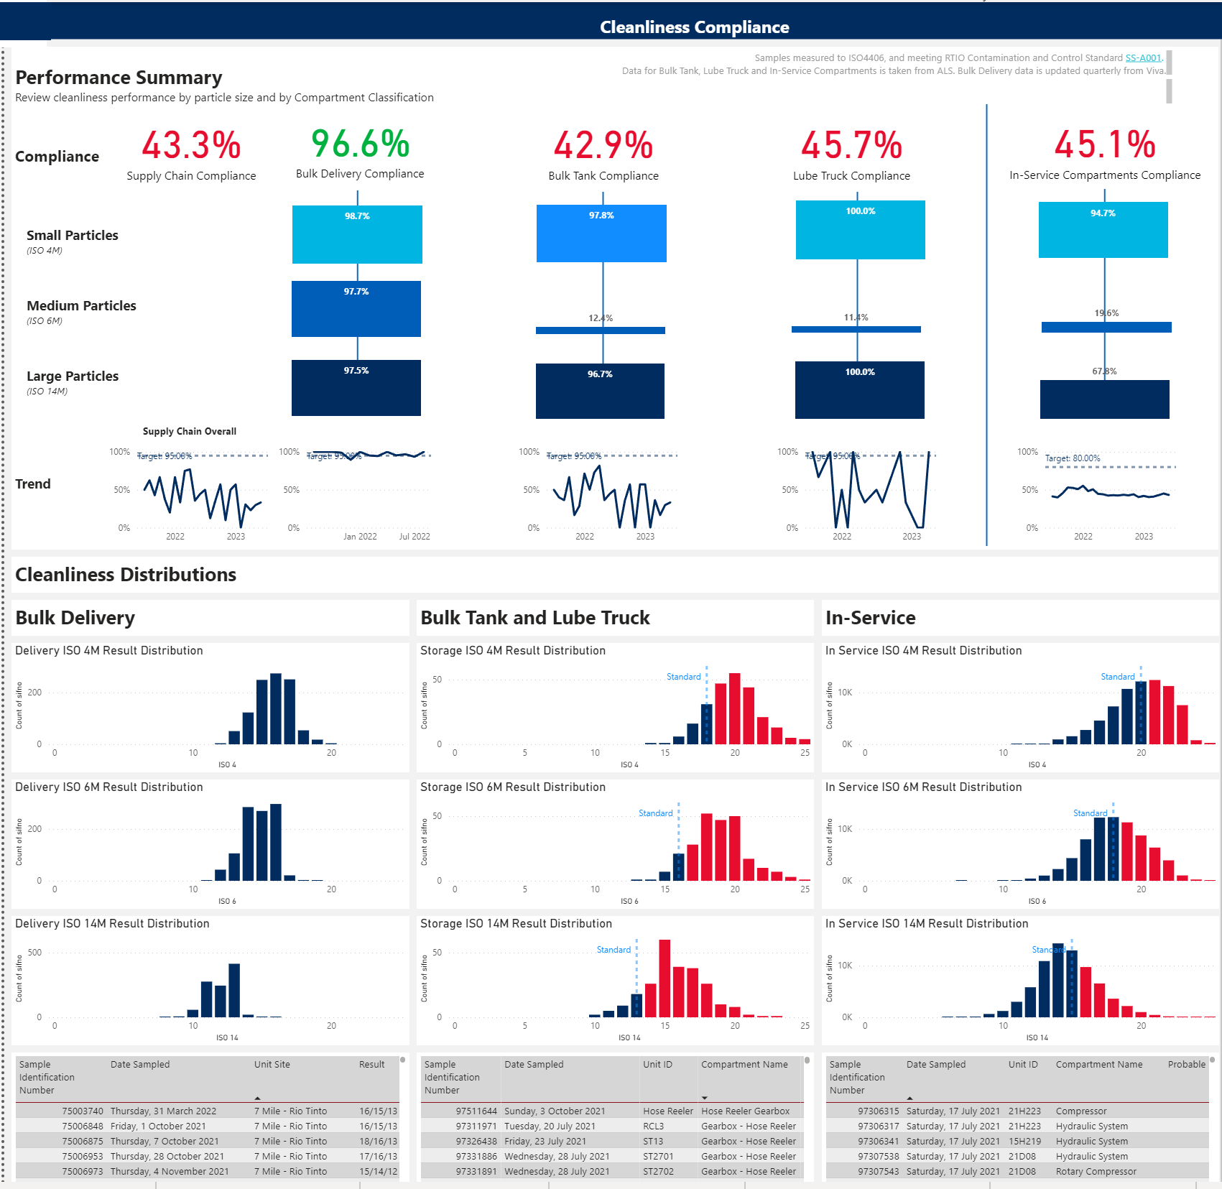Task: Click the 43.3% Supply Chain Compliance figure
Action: pyautogui.click(x=191, y=145)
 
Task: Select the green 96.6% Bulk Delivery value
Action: pyautogui.click(x=360, y=144)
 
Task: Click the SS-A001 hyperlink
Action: pyautogui.click(x=1143, y=58)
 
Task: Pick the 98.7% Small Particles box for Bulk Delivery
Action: pyautogui.click(x=357, y=234)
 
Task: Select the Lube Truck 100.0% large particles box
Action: pyautogui.click(x=859, y=389)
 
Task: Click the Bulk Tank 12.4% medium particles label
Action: pyautogui.click(x=601, y=318)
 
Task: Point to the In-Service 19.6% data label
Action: pyautogui.click(x=1106, y=313)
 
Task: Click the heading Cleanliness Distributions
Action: pyautogui.click(x=126, y=575)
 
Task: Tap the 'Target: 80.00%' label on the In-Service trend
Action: pyautogui.click(x=1072, y=458)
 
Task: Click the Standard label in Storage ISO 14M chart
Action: pyautogui.click(x=614, y=950)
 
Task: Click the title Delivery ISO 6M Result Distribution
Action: pyautogui.click(x=109, y=787)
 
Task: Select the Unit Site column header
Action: pyautogui.click(x=272, y=1065)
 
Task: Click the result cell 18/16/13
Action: pyautogui.click(x=378, y=1141)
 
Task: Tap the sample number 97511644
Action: pyautogui.click(x=476, y=1111)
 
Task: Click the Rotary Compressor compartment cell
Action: pyautogui.click(x=1096, y=1171)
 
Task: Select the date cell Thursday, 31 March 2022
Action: pyautogui.click(x=163, y=1111)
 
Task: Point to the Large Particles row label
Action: pyautogui.click(x=73, y=376)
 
